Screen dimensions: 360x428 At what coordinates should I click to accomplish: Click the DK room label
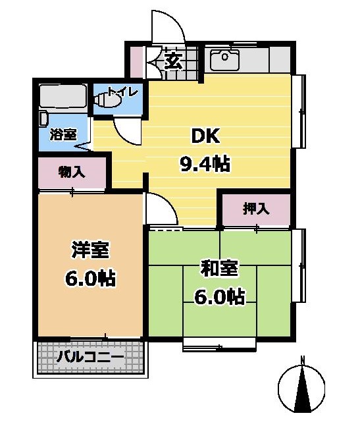tap(205, 136)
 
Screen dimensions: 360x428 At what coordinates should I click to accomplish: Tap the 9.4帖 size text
tap(205, 163)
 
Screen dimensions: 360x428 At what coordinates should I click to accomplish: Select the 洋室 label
tap(90, 250)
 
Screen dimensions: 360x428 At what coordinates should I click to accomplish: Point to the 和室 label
tap(219, 269)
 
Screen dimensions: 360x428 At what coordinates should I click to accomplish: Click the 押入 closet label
tap(257, 209)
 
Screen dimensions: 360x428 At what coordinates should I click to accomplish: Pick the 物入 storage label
tap(72, 173)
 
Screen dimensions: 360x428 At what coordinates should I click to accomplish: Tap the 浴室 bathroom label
tap(63, 134)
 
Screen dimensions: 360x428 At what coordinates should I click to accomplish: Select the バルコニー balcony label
tap(90, 357)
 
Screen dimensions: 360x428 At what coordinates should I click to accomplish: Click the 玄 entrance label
tap(173, 61)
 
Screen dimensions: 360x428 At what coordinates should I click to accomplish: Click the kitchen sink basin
tap(224, 60)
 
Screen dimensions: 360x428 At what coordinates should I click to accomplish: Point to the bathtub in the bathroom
tap(63, 97)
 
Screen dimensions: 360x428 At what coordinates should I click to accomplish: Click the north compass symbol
tap(301, 388)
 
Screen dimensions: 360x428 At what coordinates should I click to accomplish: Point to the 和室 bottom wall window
tap(220, 344)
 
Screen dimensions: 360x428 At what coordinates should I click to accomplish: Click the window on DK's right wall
tap(299, 111)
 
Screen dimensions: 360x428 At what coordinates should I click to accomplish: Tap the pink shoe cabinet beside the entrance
tap(136, 62)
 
